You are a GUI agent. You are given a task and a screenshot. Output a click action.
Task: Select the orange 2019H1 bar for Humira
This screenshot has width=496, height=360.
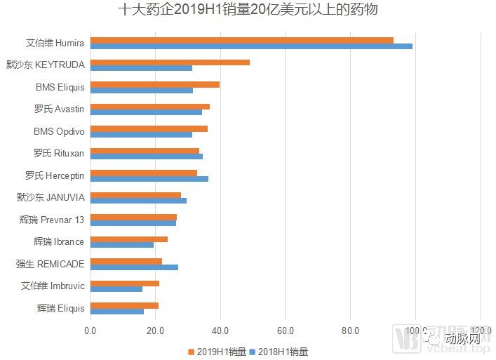coord(241,40)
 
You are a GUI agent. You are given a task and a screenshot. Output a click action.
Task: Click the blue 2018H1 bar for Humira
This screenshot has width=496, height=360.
coord(251,47)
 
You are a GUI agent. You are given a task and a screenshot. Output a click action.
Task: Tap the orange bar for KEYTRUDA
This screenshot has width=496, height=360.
coord(170,62)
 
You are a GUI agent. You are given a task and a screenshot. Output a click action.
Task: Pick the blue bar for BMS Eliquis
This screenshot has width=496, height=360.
coord(141,91)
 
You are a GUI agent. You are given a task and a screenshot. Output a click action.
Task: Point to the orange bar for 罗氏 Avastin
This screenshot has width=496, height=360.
coord(149,107)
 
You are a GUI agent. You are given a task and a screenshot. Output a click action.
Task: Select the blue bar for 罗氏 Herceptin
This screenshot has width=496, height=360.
coord(149,179)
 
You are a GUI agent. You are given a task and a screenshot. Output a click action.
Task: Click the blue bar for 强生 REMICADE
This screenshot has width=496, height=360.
coord(134,267)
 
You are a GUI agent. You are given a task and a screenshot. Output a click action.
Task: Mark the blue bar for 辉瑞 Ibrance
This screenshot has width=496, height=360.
coord(121,245)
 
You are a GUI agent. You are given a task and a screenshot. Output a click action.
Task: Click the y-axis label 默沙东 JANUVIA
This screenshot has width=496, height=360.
coord(51,197)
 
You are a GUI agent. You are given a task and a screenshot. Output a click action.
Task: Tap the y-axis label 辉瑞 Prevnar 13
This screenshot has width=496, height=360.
coord(52,220)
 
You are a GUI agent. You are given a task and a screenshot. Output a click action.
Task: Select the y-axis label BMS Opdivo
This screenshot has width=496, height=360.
coord(59,131)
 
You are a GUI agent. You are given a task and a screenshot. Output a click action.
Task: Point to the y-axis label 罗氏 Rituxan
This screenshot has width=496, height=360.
coord(59,153)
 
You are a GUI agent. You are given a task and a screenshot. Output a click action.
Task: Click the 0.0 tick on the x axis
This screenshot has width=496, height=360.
coord(91,331)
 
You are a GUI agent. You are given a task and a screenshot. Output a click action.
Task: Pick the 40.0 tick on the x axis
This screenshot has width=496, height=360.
coord(220,331)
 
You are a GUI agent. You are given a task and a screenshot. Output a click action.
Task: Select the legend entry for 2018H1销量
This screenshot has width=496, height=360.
coord(283,351)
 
